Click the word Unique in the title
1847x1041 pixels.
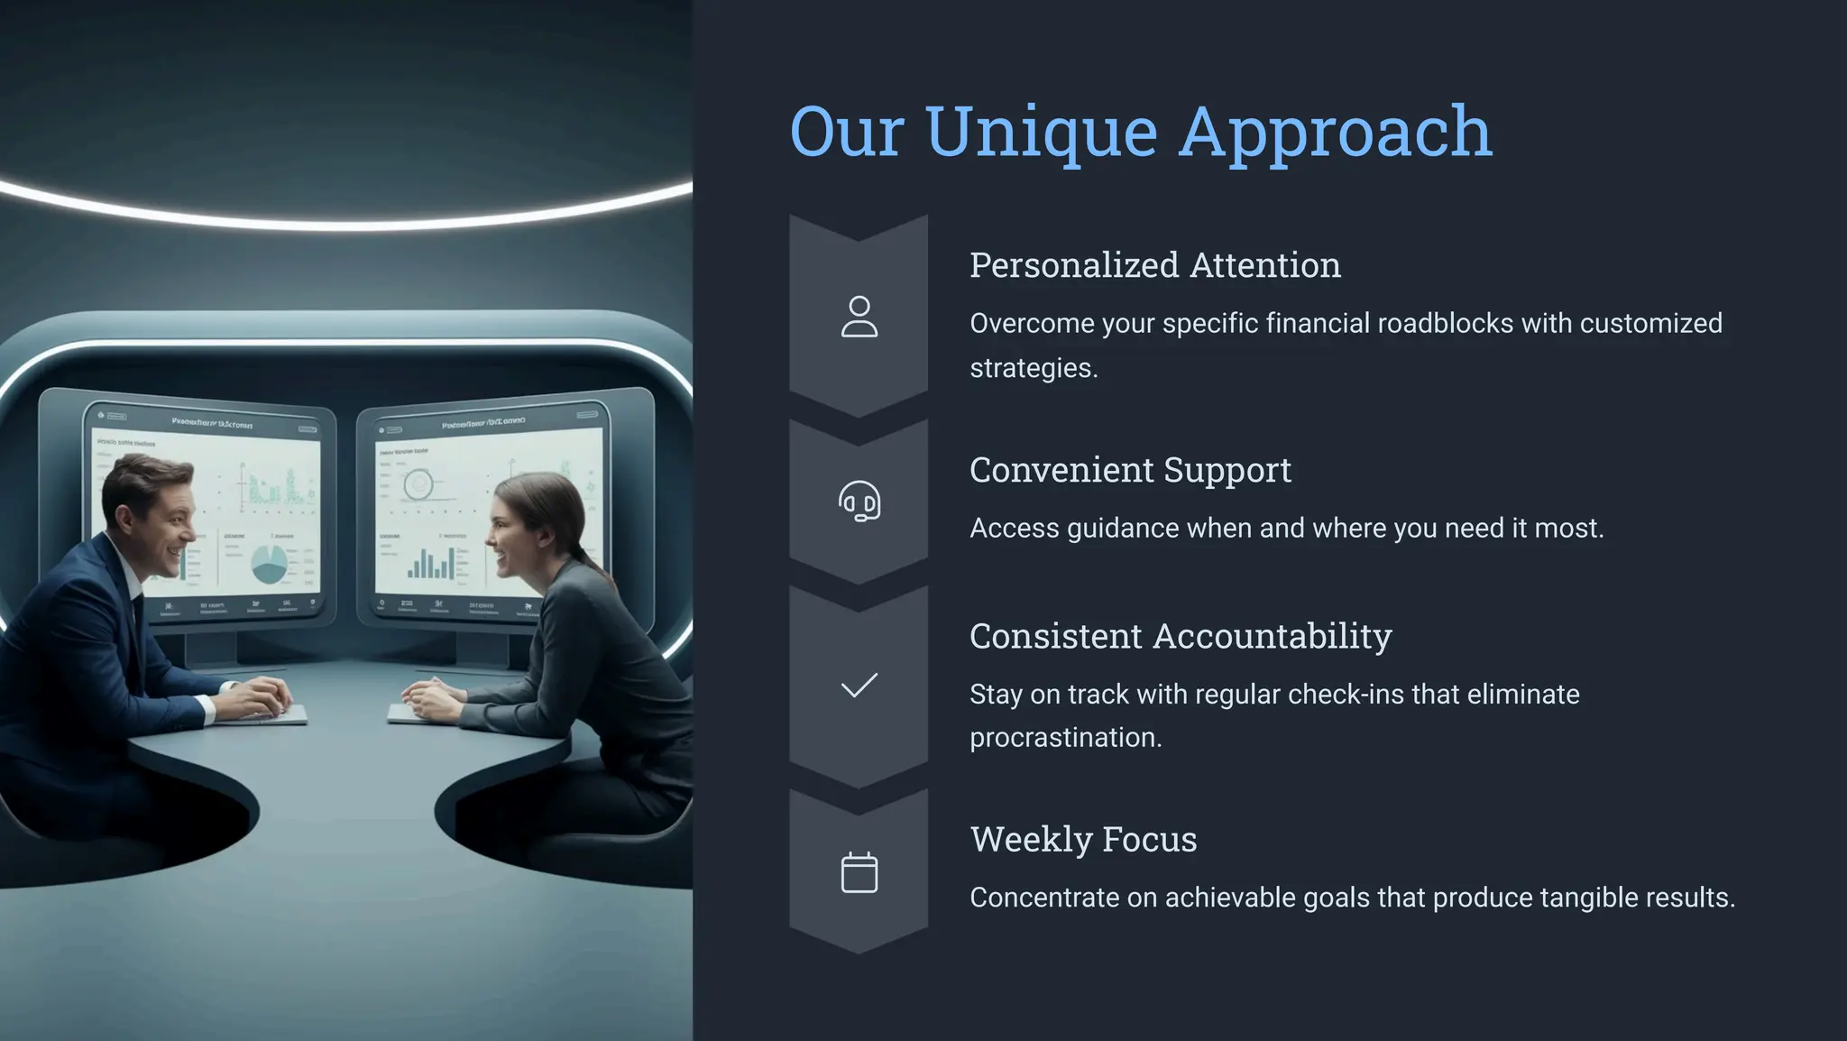tap(1041, 133)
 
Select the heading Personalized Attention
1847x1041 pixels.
tap(1154, 265)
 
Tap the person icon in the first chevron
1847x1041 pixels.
tap(859, 317)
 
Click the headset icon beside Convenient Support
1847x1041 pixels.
tap(859, 501)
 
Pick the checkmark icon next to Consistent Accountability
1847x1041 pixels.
tap(859, 686)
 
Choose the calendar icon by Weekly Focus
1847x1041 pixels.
tap(859, 872)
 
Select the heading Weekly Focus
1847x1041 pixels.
tap(1083, 840)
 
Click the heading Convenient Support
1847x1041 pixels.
tap(1129, 470)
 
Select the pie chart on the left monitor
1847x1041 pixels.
tap(269, 564)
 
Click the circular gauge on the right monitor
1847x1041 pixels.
tap(418, 484)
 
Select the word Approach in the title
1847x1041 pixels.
tap(1335, 133)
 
